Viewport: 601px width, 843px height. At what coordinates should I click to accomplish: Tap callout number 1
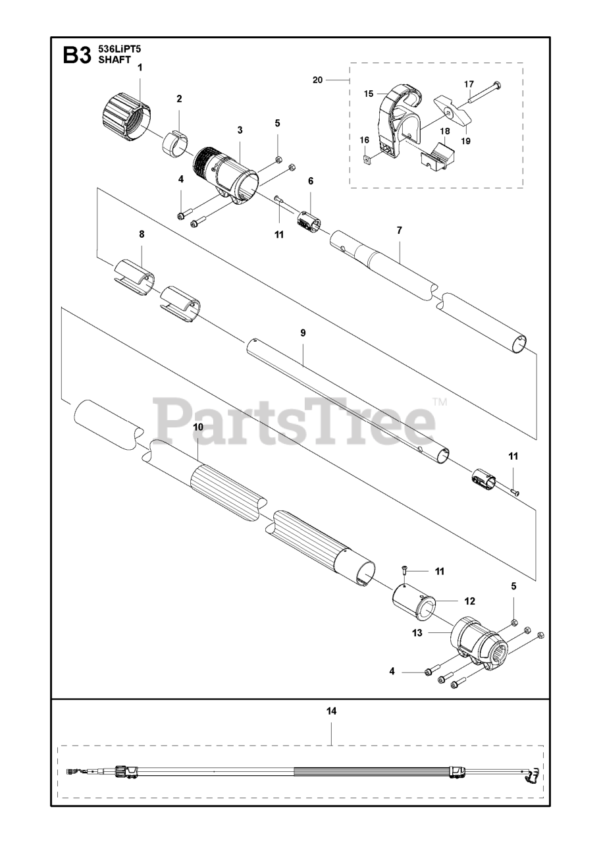[x=139, y=67]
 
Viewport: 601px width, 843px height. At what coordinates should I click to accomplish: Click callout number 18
[x=444, y=131]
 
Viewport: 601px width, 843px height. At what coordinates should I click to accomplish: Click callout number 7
[x=399, y=231]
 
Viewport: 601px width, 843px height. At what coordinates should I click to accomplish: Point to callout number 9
[x=303, y=333]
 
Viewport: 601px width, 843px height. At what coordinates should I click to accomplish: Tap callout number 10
[x=197, y=427]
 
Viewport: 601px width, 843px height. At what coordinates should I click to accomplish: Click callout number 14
[x=331, y=711]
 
